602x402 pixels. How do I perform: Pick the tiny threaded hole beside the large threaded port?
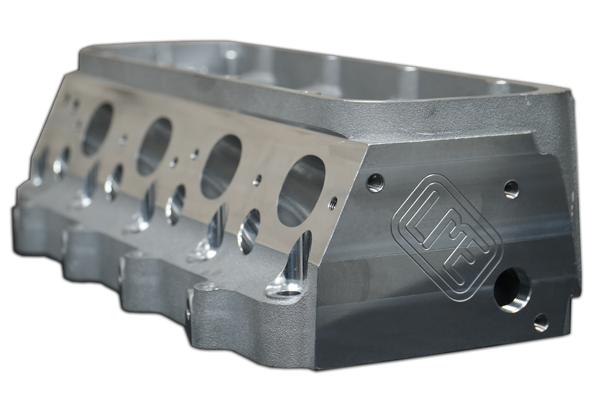(x=541, y=323)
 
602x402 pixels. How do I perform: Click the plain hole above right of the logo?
(x=511, y=189)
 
